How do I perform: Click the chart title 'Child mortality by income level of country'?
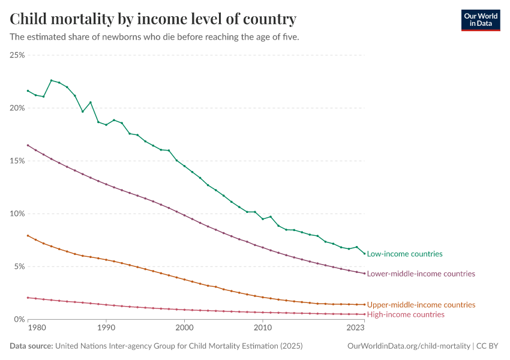coord(153,19)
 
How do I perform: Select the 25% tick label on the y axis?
coord(17,55)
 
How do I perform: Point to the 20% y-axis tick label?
coord(17,108)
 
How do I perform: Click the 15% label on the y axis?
coord(17,161)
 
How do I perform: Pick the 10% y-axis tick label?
coord(17,214)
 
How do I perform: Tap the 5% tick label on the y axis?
coord(19,266)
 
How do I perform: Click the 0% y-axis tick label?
coord(19,319)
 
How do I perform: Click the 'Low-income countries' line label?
coord(404,254)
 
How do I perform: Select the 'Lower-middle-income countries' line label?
coord(421,274)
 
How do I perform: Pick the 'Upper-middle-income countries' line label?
coord(421,305)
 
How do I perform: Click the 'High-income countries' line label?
coord(406,314)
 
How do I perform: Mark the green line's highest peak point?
coord(51,80)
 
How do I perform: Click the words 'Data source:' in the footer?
coord(31,346)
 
